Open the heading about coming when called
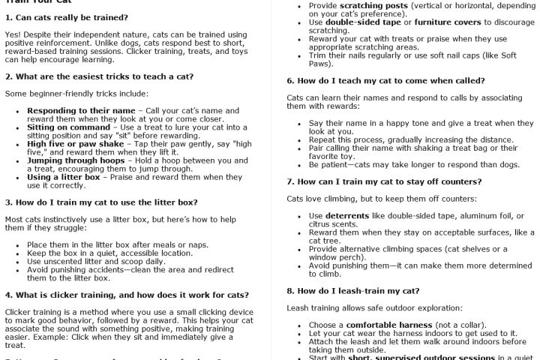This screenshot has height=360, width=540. click(x=385, y=81)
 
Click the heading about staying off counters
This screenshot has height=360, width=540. click(x=384, y=182)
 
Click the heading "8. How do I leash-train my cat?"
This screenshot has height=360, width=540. click(x=353, y=290)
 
